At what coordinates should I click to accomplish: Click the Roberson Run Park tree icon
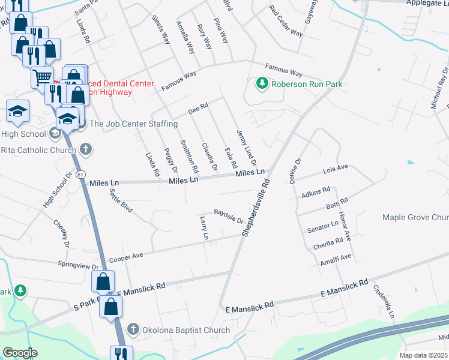click(x=261, y=83)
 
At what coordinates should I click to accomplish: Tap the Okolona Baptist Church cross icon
click(x=132, y=329)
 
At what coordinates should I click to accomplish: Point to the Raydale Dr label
click(x=228, y=216)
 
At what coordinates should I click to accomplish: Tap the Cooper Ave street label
click(x=126, y=257)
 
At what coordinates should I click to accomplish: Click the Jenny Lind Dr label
click(x=246, y=148)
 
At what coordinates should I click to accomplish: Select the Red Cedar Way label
click(x=286, y=21)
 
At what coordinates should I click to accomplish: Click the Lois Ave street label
click(x=336, y=170)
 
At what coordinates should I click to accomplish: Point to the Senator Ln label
click(x=322, y=227)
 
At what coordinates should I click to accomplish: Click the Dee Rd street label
click(x=197, y=109)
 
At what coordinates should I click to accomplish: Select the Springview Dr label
click(x=77, y=265)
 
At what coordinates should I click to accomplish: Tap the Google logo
click(x=20, y=353)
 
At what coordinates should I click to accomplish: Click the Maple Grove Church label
click(x=416, y=217)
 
